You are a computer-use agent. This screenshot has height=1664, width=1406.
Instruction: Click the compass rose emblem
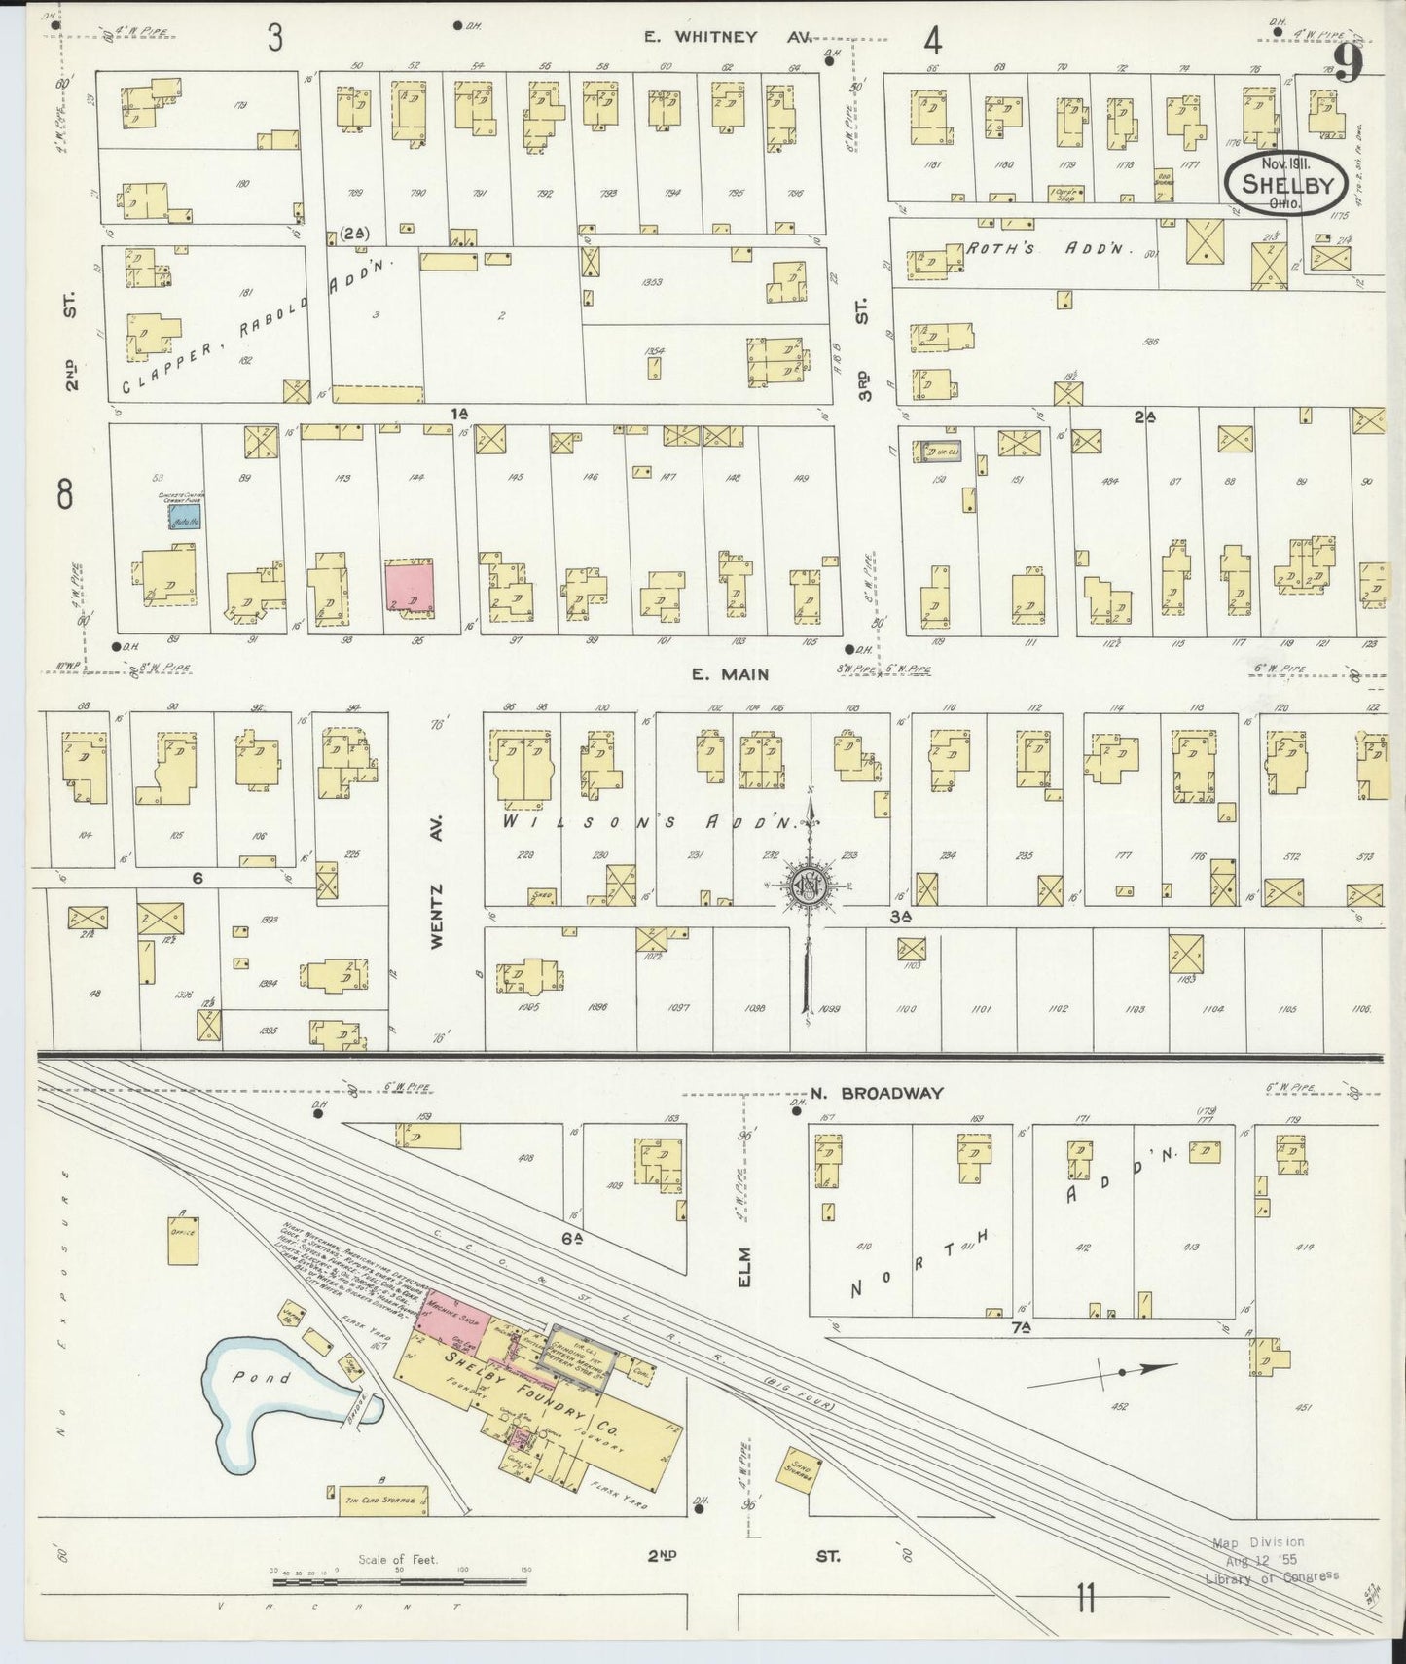click(808, 884)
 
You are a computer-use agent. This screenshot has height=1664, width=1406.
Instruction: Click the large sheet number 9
click(1347, 64)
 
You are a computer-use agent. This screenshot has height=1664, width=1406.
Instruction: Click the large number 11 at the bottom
click(1085, 1598)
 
